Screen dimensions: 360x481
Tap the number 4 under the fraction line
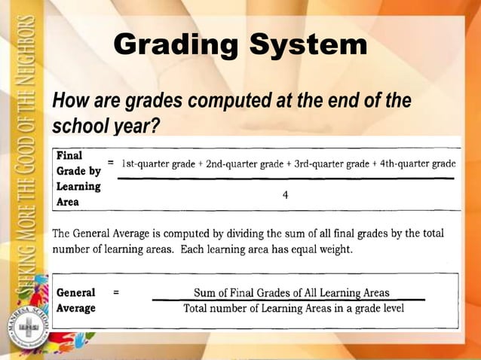coord(286,195)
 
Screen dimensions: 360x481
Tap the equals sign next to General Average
coord(115,292)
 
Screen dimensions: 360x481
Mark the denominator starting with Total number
coord(293,308)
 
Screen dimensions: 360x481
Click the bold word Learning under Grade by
coord(78,186)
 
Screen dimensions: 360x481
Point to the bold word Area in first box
coord(69,201)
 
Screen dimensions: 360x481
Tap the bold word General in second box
coord(76,292)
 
